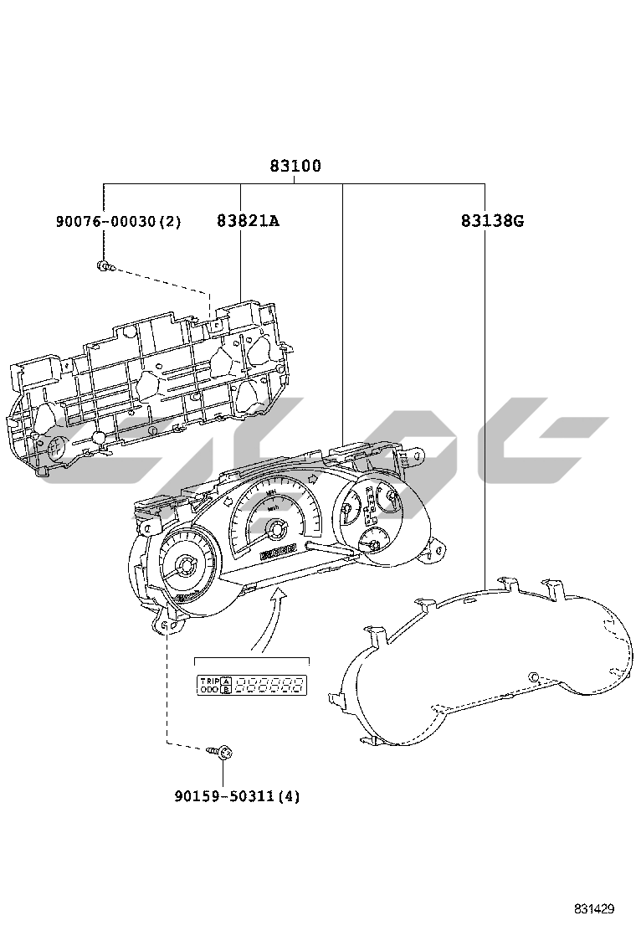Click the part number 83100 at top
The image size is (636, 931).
click(295, 166)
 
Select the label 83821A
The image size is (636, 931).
click(247, 221)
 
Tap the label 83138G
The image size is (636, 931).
click(491, 221)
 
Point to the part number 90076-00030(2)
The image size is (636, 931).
click(119, 221)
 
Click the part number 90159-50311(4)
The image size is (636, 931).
click(237, 796)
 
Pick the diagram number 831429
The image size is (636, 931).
click(594, 908)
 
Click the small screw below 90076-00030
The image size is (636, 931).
click(104, 267)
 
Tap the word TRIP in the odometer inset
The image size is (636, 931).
click(208, 682)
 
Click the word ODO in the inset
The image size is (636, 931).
click(208, 691)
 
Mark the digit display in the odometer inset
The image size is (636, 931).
click(269, 687)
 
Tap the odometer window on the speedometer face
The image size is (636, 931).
click(279, 551)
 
